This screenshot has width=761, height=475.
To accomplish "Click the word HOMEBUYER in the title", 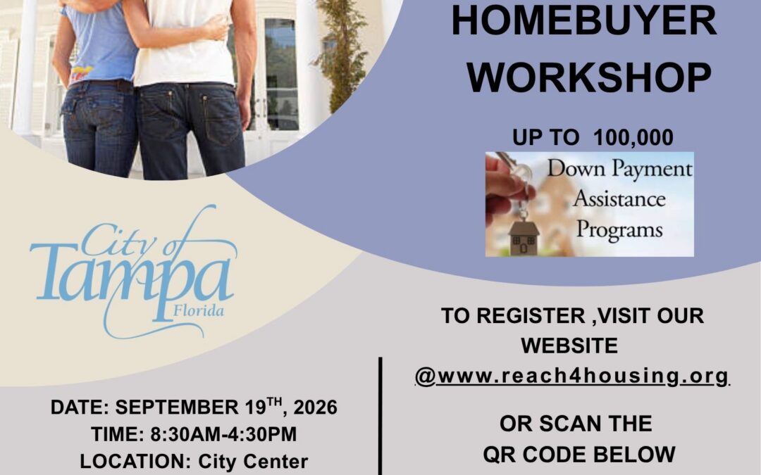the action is [x=584, y=20].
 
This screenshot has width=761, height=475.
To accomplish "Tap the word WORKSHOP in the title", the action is [x=588, y=77].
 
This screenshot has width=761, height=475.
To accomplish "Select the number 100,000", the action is [x=633, y=138].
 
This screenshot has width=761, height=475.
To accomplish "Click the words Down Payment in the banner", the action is [x=620, y=169].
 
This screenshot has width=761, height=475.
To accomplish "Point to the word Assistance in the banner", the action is [x=619, y=198].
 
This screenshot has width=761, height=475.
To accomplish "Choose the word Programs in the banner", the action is [x=619, y=229].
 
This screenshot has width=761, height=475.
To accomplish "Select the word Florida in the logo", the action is [x=199, y=310].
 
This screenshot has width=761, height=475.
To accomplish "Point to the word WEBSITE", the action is [x=569, y=346].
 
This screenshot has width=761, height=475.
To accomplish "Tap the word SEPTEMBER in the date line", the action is [x=177, y=407].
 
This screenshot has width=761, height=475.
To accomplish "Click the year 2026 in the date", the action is [x=315, y=407].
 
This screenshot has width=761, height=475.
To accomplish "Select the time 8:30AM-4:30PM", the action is [x=223, y=434].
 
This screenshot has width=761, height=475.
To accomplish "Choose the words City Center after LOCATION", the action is [x=253, y=462].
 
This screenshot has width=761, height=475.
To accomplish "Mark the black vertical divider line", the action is [x=380, y=417].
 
